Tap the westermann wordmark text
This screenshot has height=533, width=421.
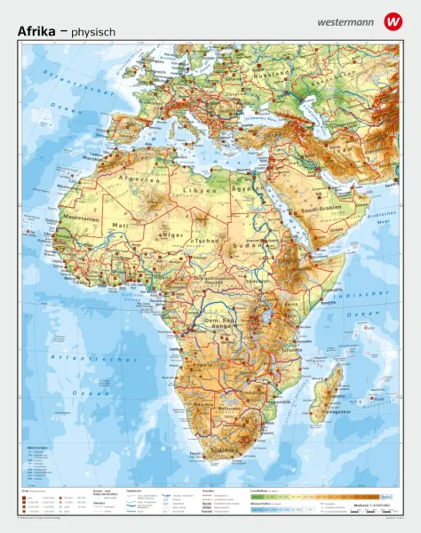(x=340, y=20)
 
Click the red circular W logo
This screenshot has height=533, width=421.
(x=393, y=20)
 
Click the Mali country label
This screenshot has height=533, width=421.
(x=120, y=226)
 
